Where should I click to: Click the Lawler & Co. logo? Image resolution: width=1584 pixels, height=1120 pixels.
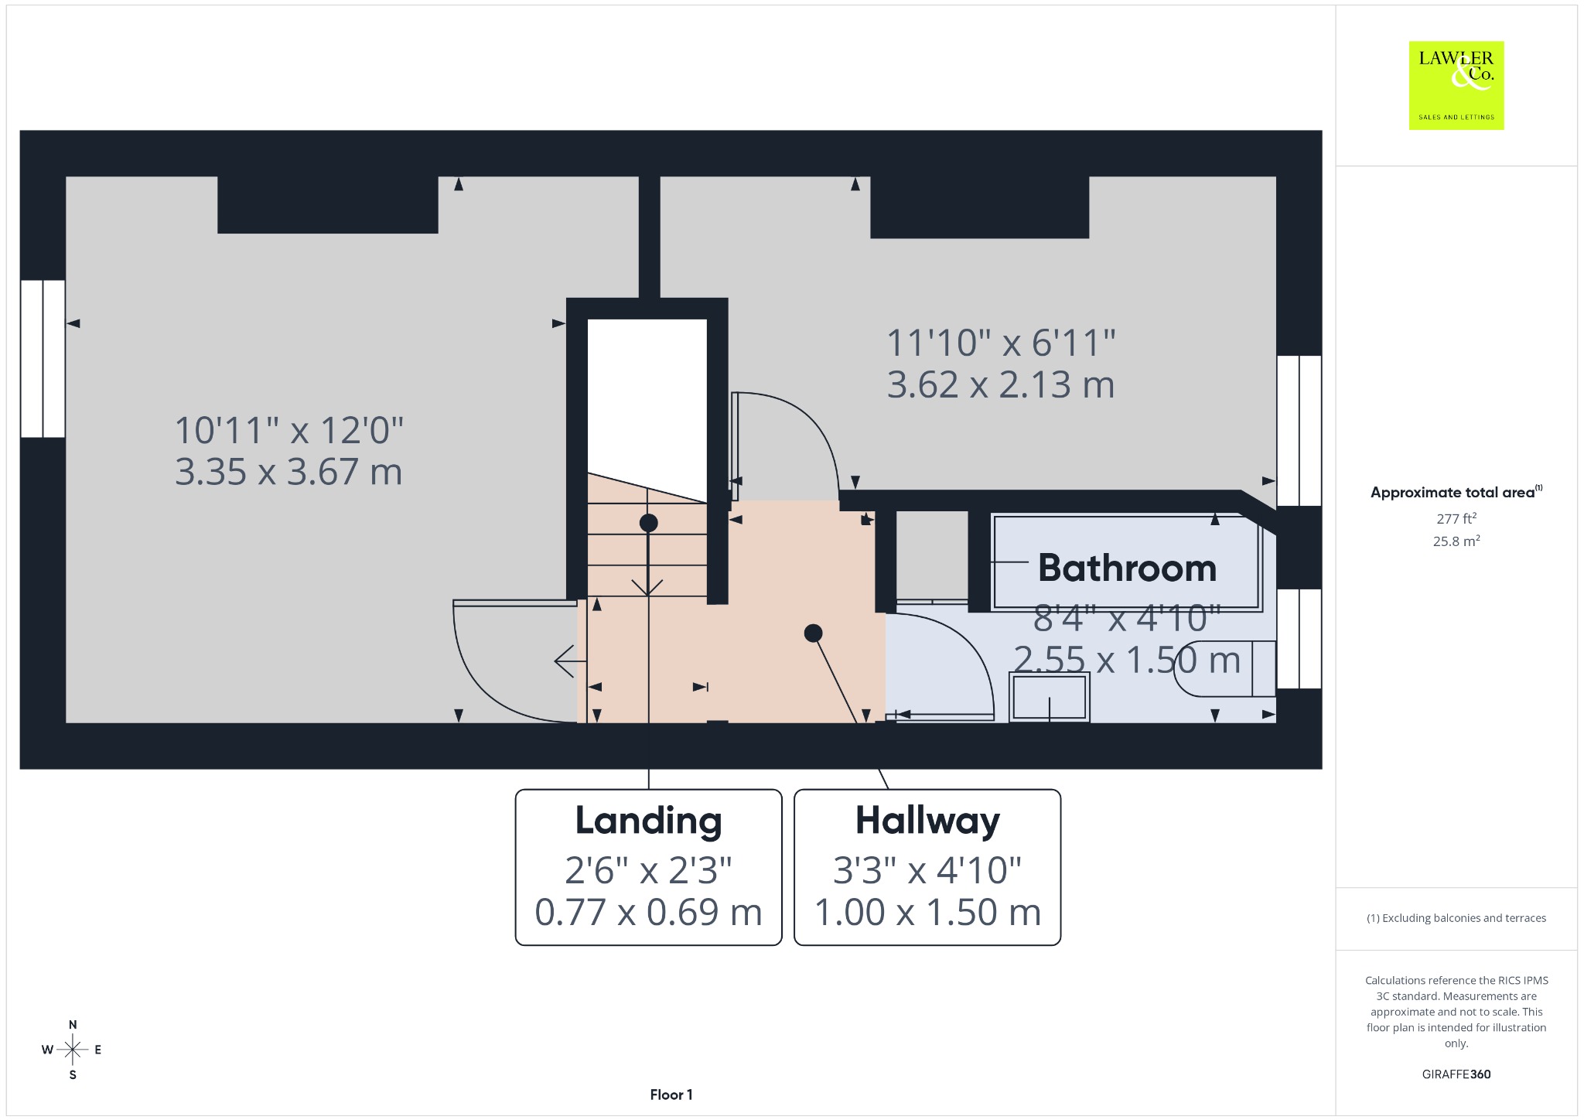tap(1456, 85)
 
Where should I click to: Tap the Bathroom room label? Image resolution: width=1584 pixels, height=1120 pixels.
tap(1127, 568)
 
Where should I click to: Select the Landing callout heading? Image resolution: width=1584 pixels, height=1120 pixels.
tap(648, 821)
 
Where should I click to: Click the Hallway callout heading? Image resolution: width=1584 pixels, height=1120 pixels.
tap(927, 821)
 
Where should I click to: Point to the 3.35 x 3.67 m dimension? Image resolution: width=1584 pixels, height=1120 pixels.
tap(288, 472)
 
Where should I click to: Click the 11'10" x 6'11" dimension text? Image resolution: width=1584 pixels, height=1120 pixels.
tap(1001, 343)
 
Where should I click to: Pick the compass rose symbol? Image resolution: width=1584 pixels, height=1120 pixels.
tap(73, 1050)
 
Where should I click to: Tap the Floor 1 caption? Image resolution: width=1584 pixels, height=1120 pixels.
tap(671, 1094)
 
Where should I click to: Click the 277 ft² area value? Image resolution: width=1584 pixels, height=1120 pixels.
tap(1456, 518)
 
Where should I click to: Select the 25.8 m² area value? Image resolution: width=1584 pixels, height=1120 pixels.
tap(1456, 541)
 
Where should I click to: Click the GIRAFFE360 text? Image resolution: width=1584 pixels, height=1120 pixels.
tap(1456, 1074)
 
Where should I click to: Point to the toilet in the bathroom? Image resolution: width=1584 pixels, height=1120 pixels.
tap(1225, 668)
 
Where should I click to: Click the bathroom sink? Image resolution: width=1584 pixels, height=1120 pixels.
tap(1050, 697)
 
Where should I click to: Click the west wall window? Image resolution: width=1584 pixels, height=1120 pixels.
tap(43, 359)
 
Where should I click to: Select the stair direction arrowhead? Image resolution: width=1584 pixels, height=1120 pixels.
tap(647, 587)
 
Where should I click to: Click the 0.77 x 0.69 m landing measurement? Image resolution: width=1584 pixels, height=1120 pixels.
tap(648, 912)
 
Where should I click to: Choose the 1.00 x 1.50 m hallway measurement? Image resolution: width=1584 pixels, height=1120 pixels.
tap(927, 912)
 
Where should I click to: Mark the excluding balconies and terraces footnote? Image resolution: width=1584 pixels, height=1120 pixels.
tap(1456, 918)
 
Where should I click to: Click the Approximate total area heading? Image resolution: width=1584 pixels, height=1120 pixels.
tap(1456, 492)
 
